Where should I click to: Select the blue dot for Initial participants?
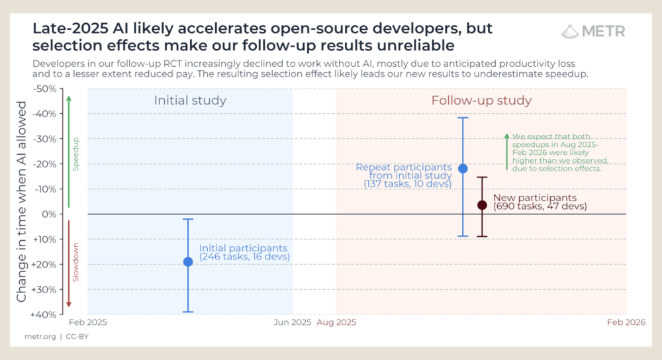tap(188, 261)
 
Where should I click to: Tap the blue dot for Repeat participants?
tap(463, 168)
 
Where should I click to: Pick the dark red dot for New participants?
tap(482, 205)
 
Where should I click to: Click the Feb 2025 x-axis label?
tap(88, 323)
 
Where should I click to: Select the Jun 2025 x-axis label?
tap(292, 323)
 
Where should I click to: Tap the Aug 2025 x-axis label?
tap(336, 323)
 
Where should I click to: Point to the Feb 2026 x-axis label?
tap(626, 323)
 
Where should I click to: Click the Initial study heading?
tap(190, 101)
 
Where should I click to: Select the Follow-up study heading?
tap(481, 101)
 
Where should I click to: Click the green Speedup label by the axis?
tap(75, 154)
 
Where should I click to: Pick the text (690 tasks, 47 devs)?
tap(540, 206)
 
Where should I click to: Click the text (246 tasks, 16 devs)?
tap(244, 256)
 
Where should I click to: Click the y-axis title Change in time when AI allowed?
tap(21, 202)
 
